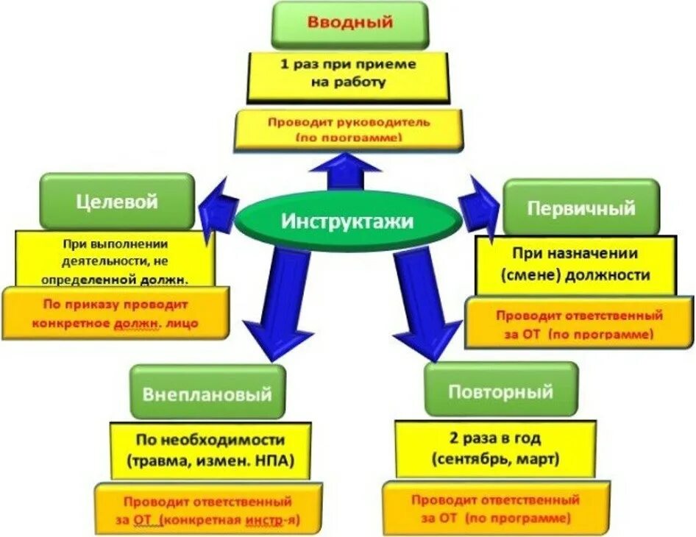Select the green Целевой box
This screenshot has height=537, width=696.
tap(117, 200)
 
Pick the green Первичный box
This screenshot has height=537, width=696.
tap(581, 207)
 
